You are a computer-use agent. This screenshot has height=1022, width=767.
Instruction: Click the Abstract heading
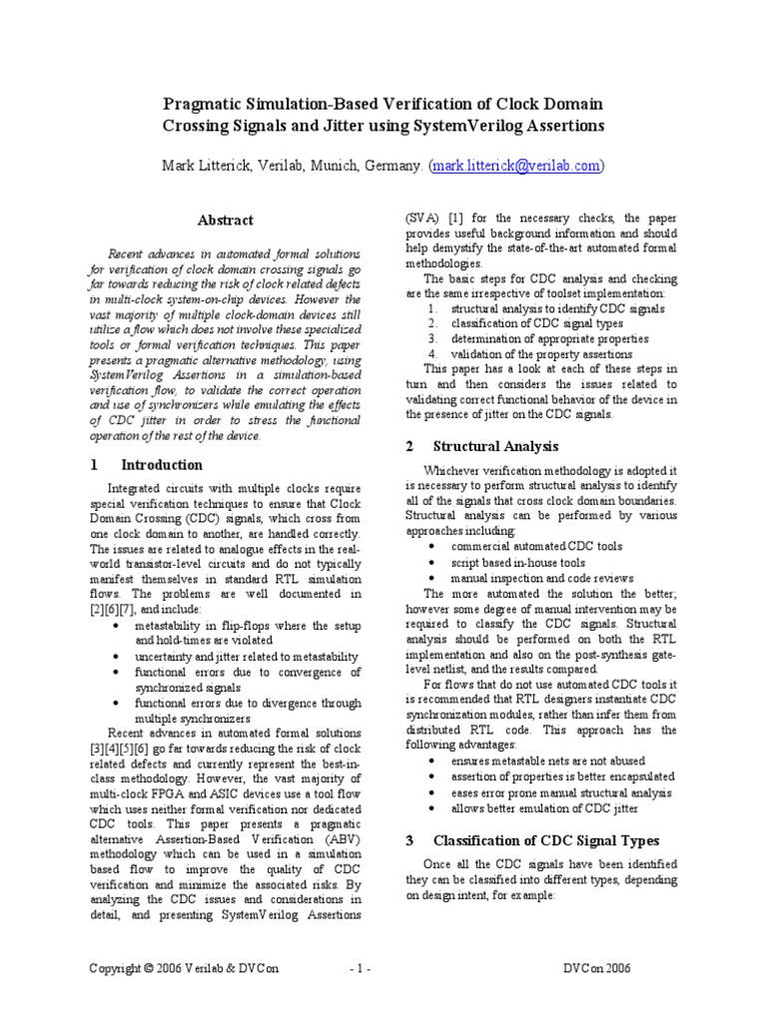(x=225, y=221)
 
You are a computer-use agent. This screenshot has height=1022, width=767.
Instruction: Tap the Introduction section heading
(x=162, y=465)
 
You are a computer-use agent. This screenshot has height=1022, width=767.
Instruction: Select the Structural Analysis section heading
(x=496, y=446)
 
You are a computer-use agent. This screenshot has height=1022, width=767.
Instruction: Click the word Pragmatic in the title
(x=208, y=105)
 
